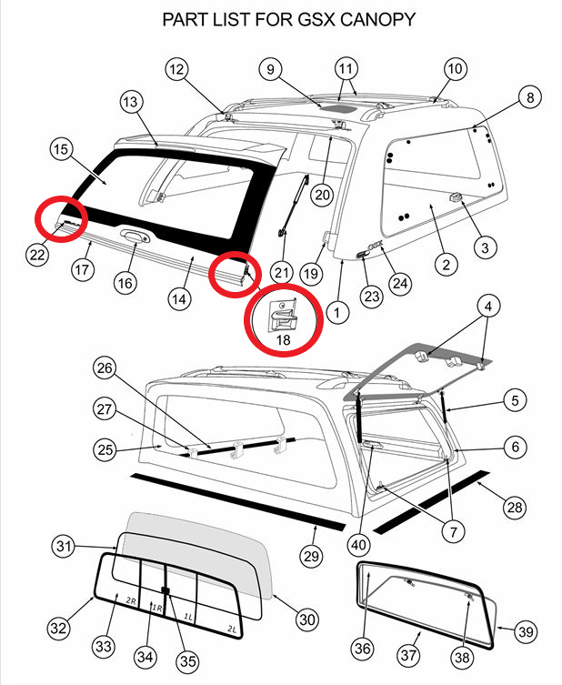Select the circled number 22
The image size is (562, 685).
tap(37, 256)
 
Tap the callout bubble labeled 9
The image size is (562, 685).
tap(269, 68)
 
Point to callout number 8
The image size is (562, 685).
tap(530, 97)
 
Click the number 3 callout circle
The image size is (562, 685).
tap(484, 247)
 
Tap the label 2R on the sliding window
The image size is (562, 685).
tap(132, 601)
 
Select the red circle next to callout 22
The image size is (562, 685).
tap(61, 218)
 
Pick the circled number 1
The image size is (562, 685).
tap(337, 313)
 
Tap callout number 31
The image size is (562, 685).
tap(62, 546)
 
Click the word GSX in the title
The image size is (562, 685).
tap(285, 18)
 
